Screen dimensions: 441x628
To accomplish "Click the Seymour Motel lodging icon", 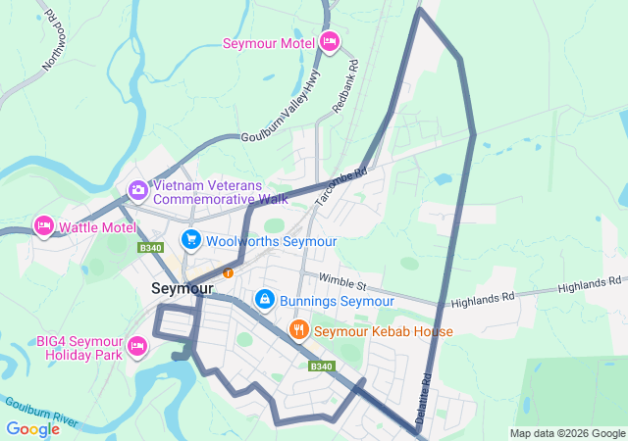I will point(330,42).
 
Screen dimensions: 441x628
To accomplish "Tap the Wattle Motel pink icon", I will point(43,226).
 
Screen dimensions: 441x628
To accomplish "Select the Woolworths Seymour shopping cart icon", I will point(190,240).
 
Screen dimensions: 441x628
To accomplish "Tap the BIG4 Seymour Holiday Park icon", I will point(137,346).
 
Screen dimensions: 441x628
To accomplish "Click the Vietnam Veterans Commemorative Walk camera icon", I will point(137,188).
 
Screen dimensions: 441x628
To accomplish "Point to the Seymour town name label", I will point(183,289).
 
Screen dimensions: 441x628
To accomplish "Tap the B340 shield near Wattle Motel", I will point(149,249).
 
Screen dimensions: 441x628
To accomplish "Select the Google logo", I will point(32,429).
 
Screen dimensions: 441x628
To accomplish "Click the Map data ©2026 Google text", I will point(567,434).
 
